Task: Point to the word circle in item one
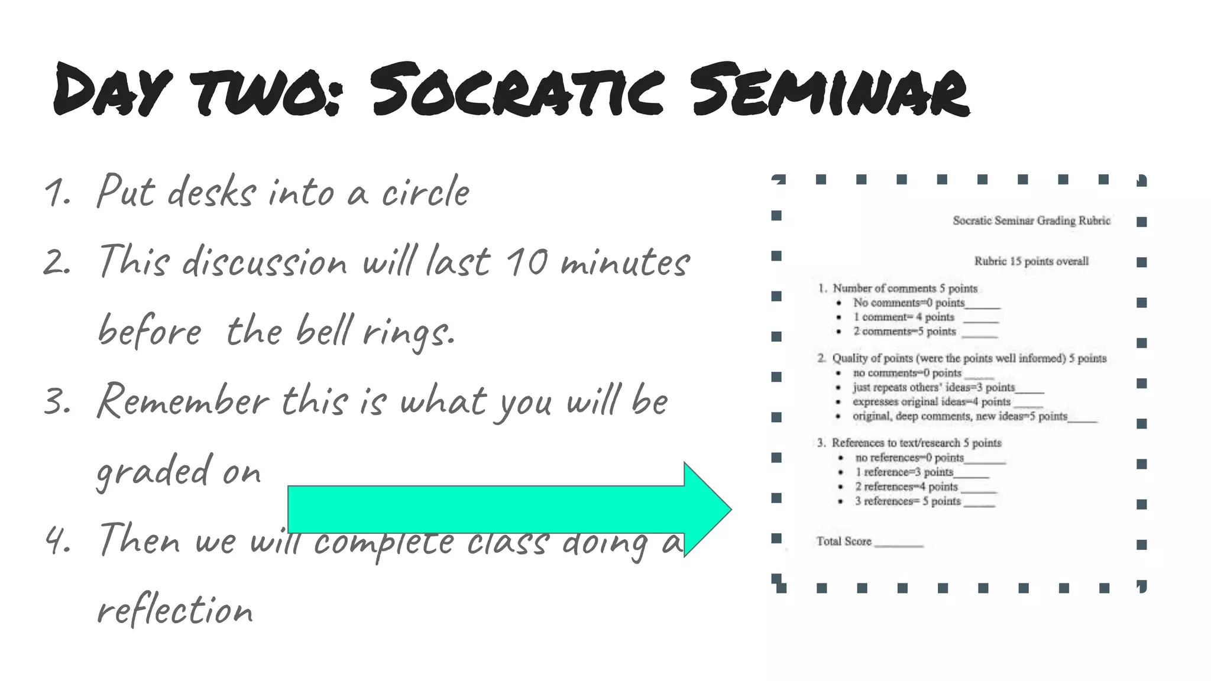(425, 193)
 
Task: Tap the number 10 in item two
(526, 262)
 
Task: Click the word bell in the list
(325, 330)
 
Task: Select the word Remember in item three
(183, 401)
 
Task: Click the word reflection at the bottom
(175, 611)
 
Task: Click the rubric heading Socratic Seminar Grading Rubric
(1031, 220)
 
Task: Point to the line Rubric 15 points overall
(1031, 261)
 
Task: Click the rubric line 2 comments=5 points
(904, 332)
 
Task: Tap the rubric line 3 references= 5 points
(908, 501)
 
